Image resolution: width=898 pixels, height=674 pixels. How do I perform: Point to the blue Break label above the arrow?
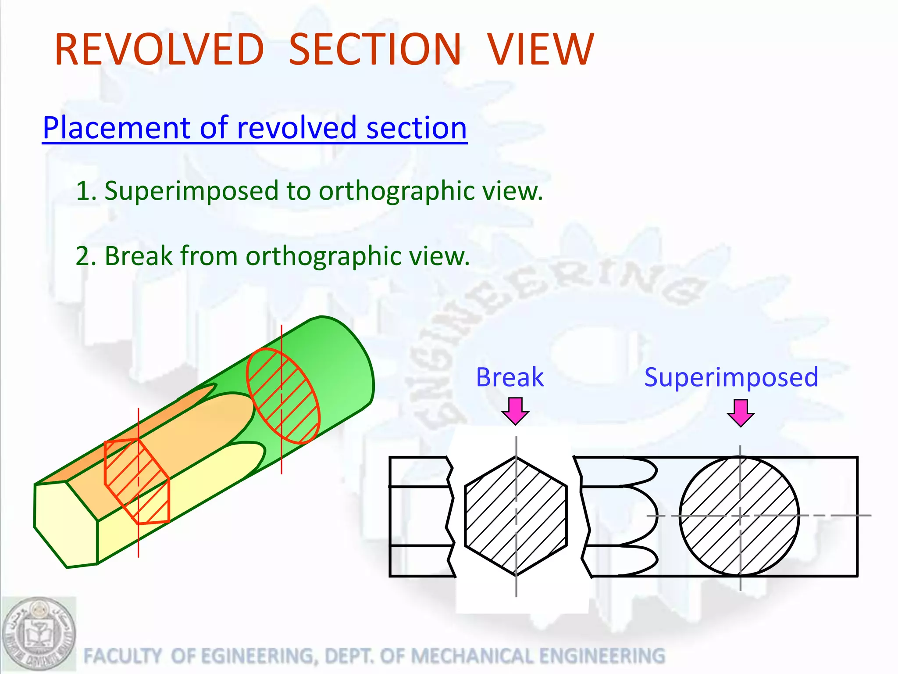click(x=510, y=377)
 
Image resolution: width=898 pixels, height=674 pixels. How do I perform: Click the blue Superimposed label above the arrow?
click(x=731, y=377)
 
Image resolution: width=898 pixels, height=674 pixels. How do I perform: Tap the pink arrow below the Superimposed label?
click(x=741, y=412)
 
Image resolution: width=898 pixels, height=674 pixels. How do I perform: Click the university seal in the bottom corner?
click(x=39, y=634)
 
